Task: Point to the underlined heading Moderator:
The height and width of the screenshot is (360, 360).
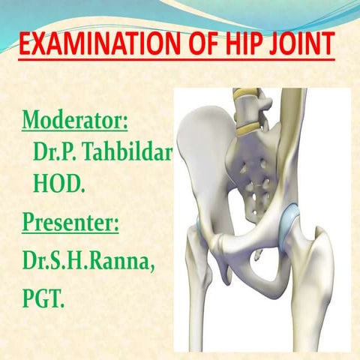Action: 74,119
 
